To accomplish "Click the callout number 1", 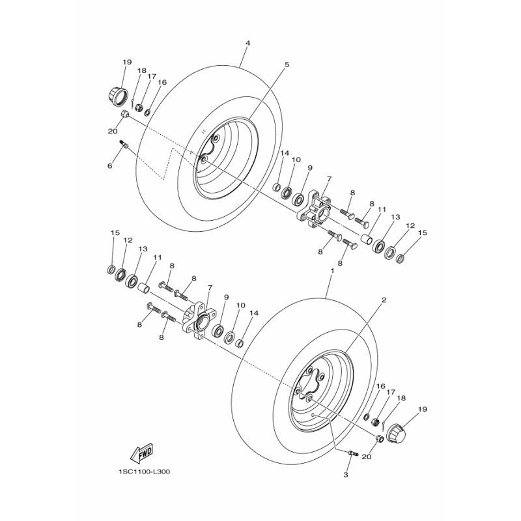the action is coord(332,270).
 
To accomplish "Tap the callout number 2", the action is coord(384,300).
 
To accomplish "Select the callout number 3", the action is coord(346,475).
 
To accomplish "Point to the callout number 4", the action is coord(247,43).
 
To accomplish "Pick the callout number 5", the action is coord(287,64).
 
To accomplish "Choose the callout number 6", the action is coord(110,166).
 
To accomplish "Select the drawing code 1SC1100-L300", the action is coord(143,472).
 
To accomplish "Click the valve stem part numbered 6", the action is coord(124,145).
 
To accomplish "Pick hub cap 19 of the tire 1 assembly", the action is coord(397,433).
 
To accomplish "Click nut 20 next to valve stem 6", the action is coord(124,113).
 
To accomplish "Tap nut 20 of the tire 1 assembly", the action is coord(380,438).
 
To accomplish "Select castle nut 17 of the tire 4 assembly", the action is coord(140,108).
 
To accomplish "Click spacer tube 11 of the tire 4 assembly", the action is coord(366,239).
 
